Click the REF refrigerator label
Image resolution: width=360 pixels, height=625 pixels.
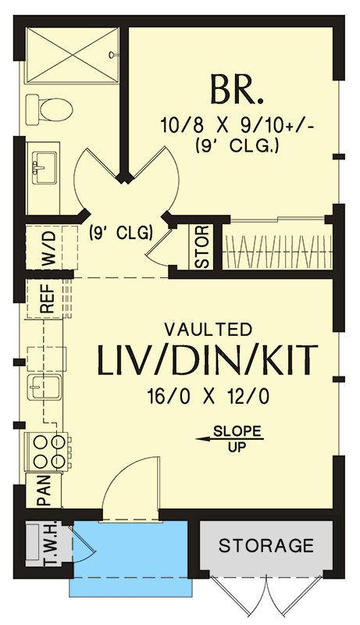pos(47,298)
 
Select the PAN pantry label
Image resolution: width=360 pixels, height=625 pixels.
pos(43,491)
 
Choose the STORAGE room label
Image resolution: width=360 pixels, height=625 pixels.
pos(266,545)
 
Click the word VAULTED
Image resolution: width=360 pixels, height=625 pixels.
pos(208,329)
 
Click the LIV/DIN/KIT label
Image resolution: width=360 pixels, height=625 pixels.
pos(208,361)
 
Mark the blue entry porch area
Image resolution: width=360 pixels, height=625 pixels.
pos(131,556)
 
